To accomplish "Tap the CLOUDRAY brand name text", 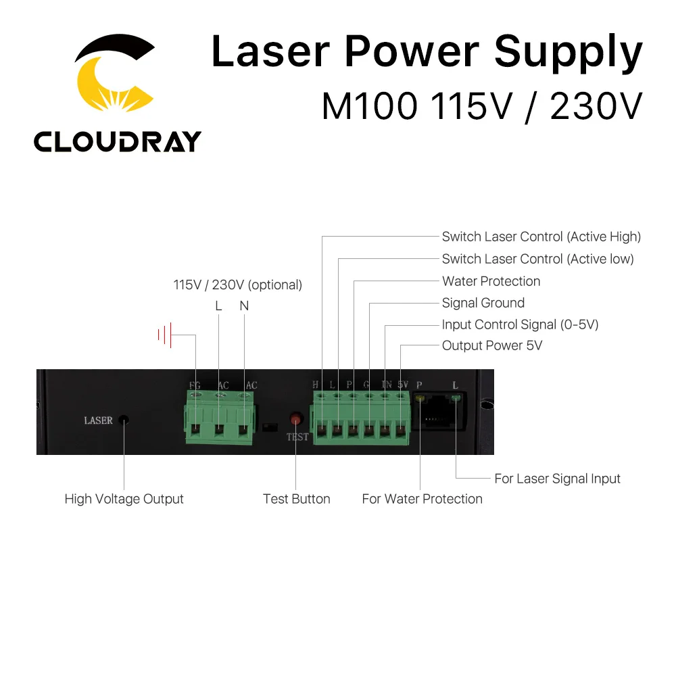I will point(117,141).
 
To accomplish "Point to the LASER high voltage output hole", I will point(124,420).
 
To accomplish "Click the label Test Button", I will point(296,499).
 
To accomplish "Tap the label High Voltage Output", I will point(124,499).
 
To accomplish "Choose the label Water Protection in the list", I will point(491,281).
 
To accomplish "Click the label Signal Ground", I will point(483,303).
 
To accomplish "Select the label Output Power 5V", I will point(491,345).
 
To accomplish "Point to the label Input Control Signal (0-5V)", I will point(520,324).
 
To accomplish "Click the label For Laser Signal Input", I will point(557,479).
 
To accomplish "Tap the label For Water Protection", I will point(422,499).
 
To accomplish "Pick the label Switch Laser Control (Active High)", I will point(541,237).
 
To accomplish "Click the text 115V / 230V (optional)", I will point(237,285).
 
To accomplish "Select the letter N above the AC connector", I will point(244,306).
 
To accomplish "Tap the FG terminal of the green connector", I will point(195,429).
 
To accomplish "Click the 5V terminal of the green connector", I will point(401,429).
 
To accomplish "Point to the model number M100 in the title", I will point(365,106).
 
